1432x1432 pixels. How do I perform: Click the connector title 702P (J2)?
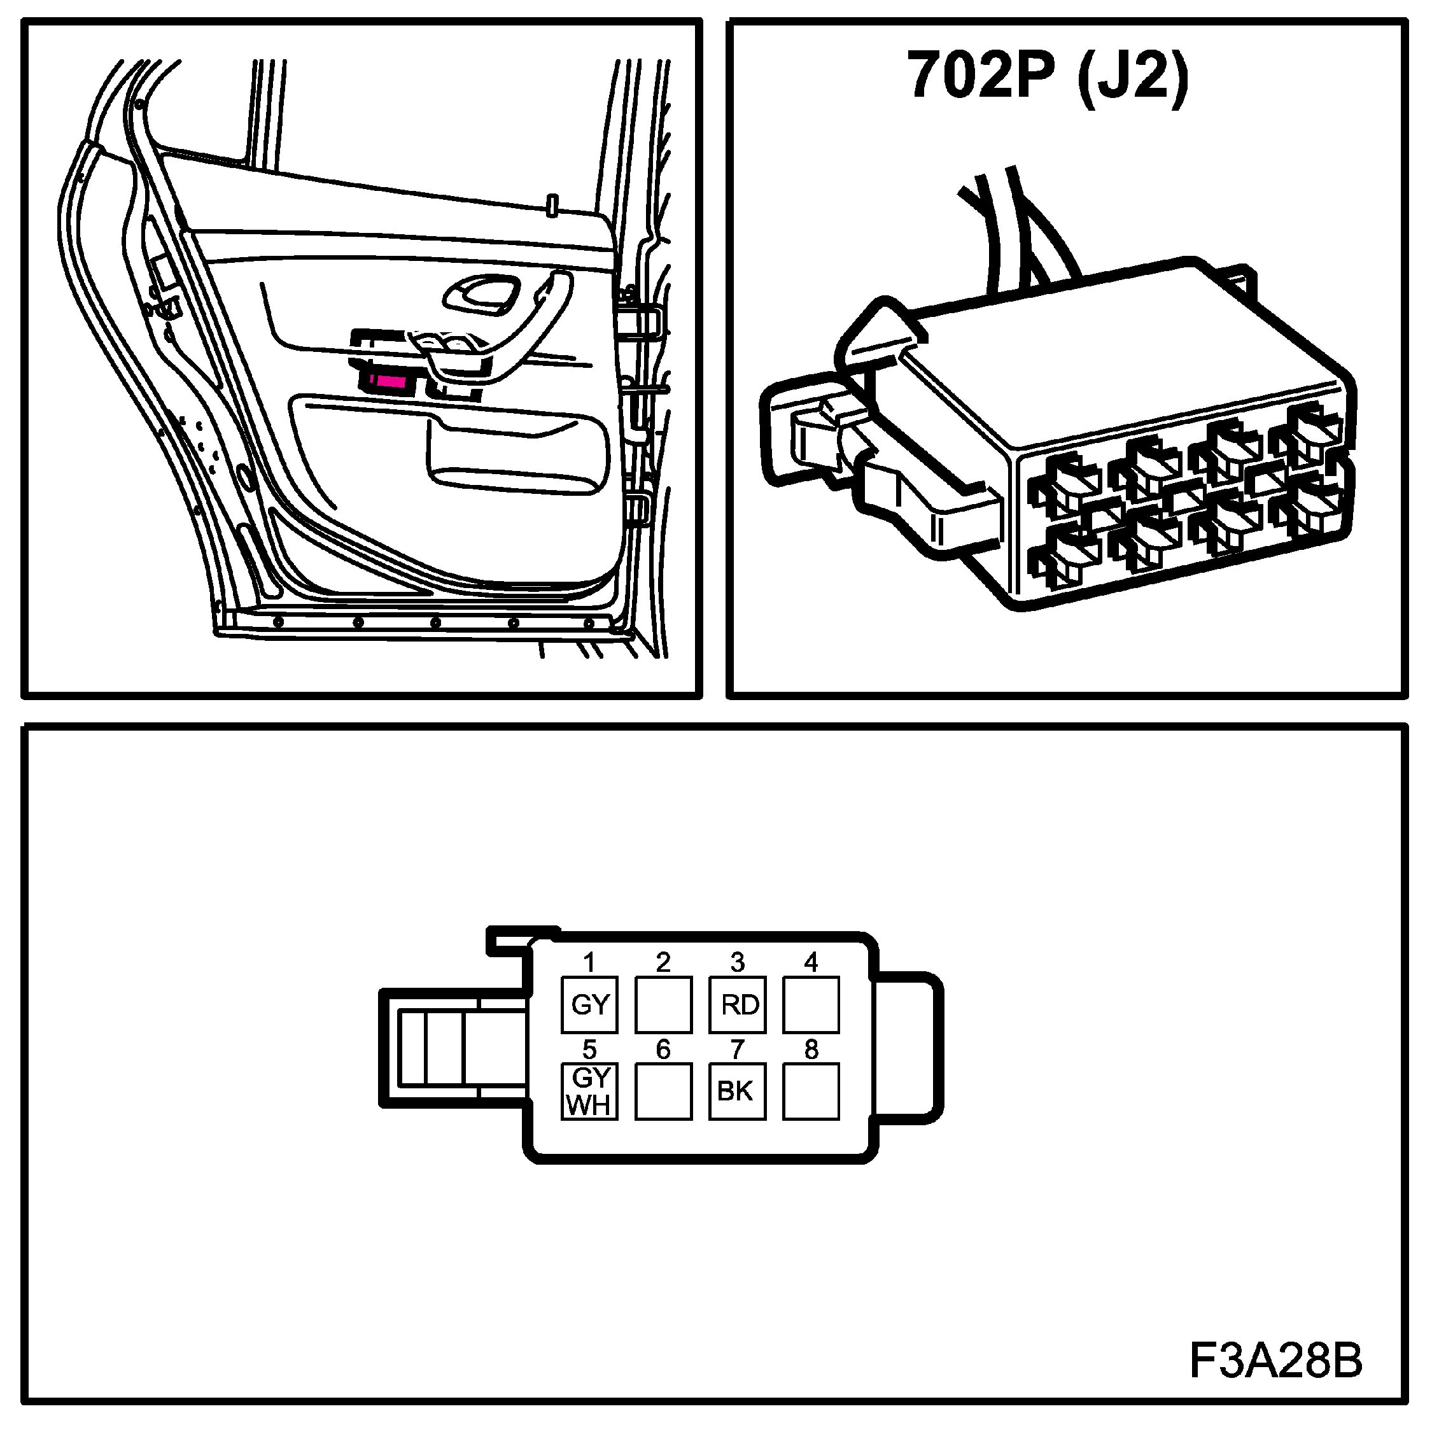tap(1048, 76)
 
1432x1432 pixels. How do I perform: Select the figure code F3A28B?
tap(1275, 1361)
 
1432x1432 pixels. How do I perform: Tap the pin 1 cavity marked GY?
tap(589, 1004)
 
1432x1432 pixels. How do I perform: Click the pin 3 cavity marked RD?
tap(738, 1004)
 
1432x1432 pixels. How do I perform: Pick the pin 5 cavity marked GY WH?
tap(589, 1092)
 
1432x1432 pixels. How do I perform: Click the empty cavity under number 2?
tap(663, 1004)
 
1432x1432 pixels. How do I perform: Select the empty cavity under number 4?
tap(811, 1004)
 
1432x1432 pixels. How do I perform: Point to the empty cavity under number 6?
tap(663, 1092)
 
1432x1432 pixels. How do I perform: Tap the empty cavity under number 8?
tap(811, 1092)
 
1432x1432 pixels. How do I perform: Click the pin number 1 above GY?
tap(589, 962)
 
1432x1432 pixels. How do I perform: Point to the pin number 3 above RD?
tap(738, 962)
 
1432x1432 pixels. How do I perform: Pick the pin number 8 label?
tap(811, 1049)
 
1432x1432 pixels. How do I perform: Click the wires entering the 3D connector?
tap(1015, 230)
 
